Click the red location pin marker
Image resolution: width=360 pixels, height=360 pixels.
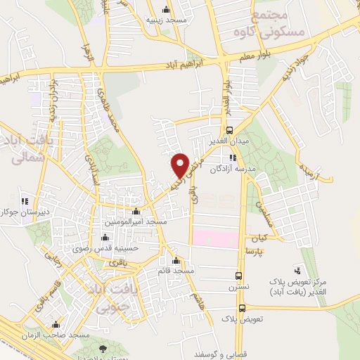pos(180,166)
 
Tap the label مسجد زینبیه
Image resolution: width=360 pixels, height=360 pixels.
pos(166,20)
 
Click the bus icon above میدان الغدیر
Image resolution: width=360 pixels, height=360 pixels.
pos(230,130)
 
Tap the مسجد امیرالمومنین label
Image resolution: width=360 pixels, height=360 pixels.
pos(136,221)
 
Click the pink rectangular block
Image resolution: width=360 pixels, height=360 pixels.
pos(215,239)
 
